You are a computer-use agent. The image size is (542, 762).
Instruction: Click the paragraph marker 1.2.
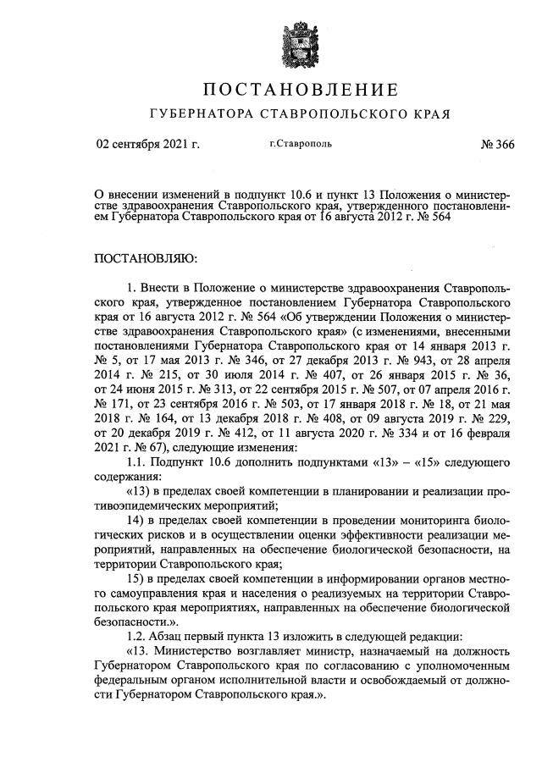pyautogui.click(x=135, y=635)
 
